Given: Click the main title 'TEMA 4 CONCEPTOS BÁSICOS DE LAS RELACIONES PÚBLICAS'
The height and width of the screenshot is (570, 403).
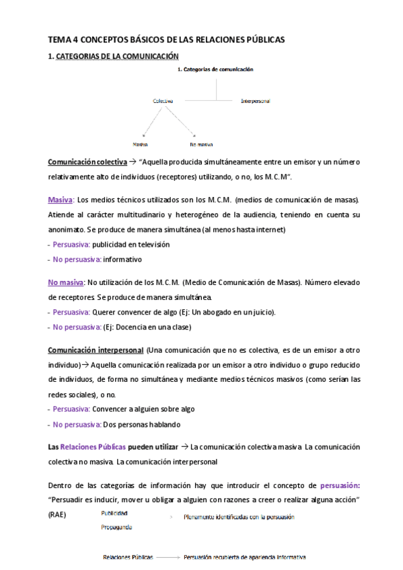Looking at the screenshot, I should point(166,40).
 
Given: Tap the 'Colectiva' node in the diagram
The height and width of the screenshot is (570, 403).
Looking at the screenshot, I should point(162,101).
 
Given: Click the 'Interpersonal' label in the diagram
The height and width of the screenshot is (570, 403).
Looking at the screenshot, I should point(255,101).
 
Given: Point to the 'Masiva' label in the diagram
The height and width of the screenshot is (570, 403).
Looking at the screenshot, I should point(141,144).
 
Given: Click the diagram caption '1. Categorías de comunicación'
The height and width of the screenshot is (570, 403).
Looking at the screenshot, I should point(216,69).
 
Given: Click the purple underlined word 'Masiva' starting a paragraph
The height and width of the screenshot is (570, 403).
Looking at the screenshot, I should point(61,200).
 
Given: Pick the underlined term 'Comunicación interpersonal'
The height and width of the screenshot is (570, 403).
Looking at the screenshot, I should point(95,351).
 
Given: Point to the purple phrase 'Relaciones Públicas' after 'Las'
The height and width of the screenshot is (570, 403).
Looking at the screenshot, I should point(91,446).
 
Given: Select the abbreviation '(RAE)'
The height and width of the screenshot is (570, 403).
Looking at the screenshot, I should point(58,514).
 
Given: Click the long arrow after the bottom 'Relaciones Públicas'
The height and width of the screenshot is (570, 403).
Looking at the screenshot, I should point(169,557).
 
